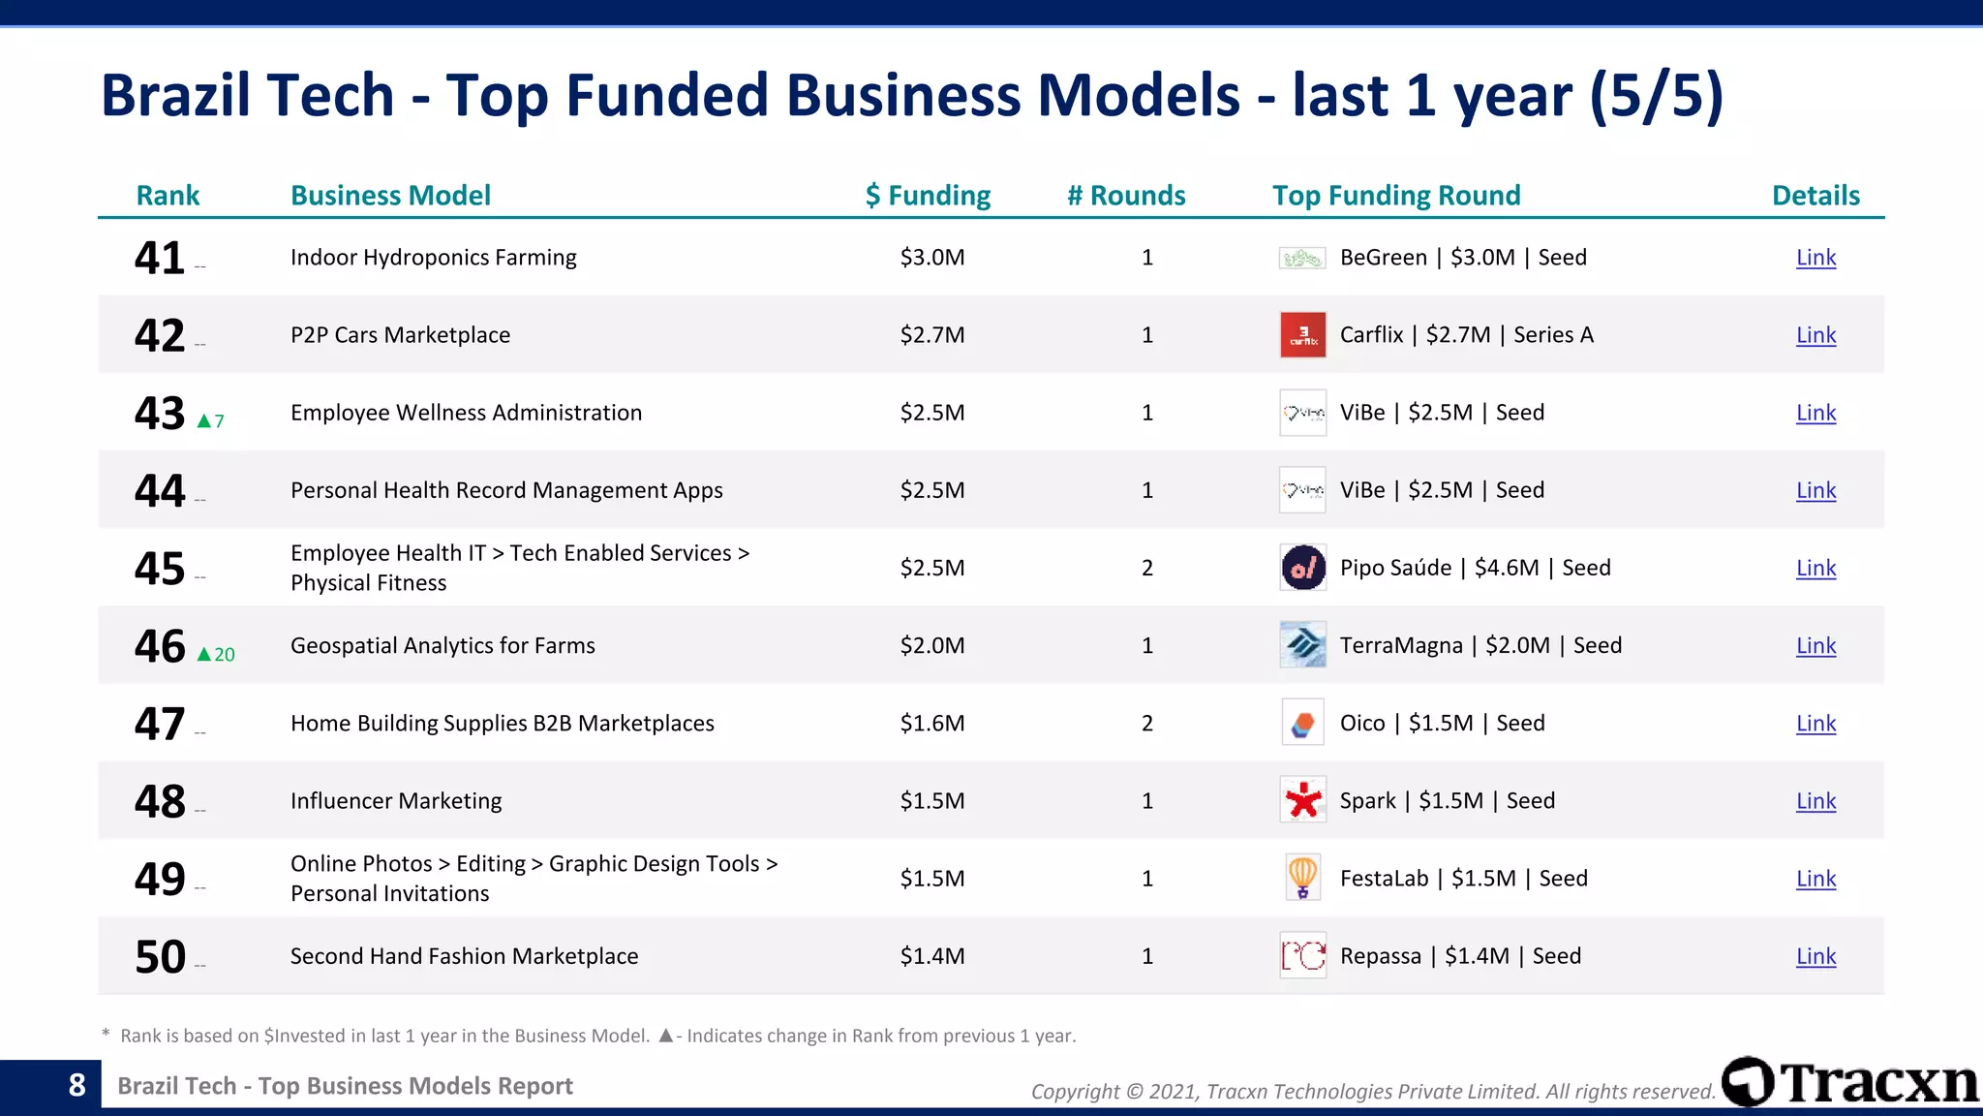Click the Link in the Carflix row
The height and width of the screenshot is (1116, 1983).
click(1815, 335)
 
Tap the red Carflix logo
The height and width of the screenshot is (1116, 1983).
click(1302, 335)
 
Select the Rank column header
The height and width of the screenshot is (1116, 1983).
click(168, 196)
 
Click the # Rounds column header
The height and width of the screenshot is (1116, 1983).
click(1126, 196)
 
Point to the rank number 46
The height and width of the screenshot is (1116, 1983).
click(160, 646)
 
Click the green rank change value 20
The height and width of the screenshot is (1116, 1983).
click(224, 655)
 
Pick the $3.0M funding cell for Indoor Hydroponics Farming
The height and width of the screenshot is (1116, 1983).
click(931, 258)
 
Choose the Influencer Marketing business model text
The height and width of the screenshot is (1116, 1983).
click(396, 801)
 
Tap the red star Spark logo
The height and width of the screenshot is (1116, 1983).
click(1302, 800)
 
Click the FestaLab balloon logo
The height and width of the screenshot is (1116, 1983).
click(1302, 878)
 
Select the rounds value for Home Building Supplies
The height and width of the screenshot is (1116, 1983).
click(1147, 724)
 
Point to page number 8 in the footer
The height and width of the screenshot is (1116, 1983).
click(77, 1085)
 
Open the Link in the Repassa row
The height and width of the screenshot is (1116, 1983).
click(1815, 956)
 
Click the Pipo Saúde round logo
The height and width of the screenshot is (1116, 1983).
click(1302, 568)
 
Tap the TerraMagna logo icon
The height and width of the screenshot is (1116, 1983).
click(1302, 645)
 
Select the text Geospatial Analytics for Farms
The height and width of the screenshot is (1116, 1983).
click(442, 646)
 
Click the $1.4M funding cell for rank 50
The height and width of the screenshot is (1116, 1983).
click(931, 956)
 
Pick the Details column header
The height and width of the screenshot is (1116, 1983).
click(1815, 196)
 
